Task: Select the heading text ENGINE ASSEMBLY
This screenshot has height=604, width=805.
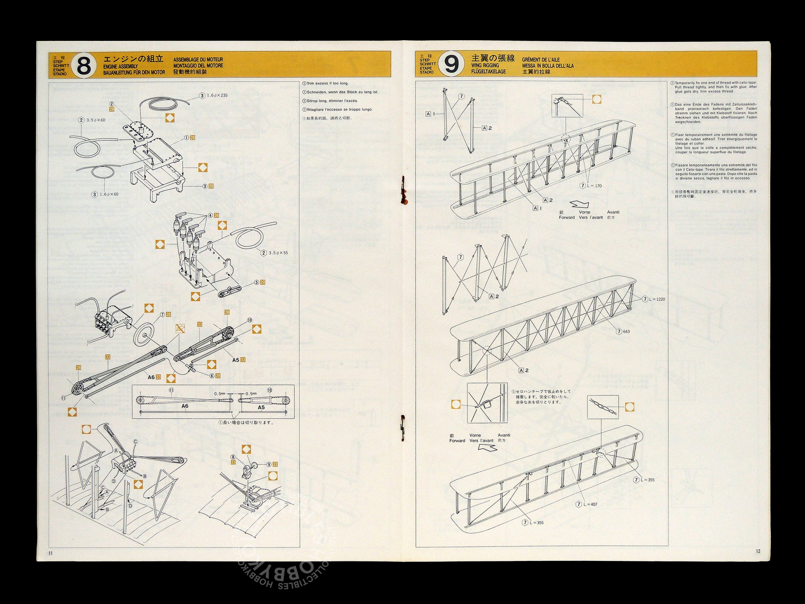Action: point(120,66)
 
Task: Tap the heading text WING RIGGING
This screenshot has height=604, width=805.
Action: point(485,65)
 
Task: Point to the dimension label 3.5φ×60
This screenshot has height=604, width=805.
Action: point(96,120)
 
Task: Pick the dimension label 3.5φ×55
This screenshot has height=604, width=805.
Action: point(278,253)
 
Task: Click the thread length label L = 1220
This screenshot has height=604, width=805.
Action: point(656,299)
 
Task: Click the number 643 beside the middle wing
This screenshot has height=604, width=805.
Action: point(626,331)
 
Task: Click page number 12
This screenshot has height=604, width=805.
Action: point(758,551)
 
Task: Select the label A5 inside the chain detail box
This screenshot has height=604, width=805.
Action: point(261,407)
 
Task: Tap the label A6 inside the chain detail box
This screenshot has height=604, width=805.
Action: point(184,406)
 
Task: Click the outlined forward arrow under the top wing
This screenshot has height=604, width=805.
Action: point(579,204)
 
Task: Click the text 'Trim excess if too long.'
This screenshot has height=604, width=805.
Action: point(328,84)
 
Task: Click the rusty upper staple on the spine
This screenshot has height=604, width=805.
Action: point(404,190)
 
